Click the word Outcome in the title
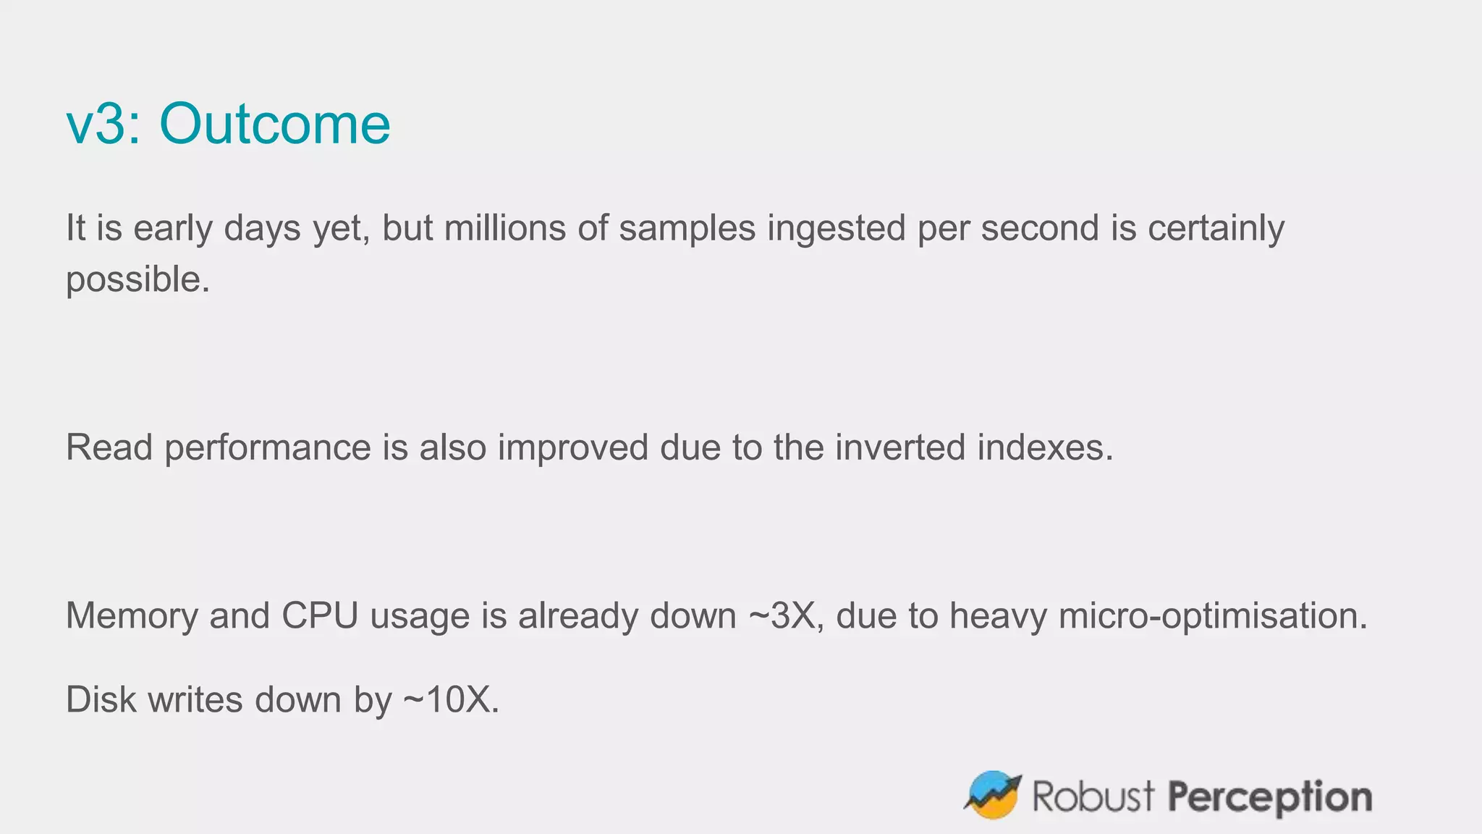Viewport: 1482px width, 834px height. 275,124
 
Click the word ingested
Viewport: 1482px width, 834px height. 836,228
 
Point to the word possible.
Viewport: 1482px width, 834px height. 137,279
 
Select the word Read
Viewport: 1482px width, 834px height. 109,447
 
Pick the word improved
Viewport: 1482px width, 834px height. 572,447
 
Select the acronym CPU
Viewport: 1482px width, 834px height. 320,615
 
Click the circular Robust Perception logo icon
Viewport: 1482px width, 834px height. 993,795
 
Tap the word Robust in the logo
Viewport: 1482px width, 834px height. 1093,796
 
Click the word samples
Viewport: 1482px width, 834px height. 687,228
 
